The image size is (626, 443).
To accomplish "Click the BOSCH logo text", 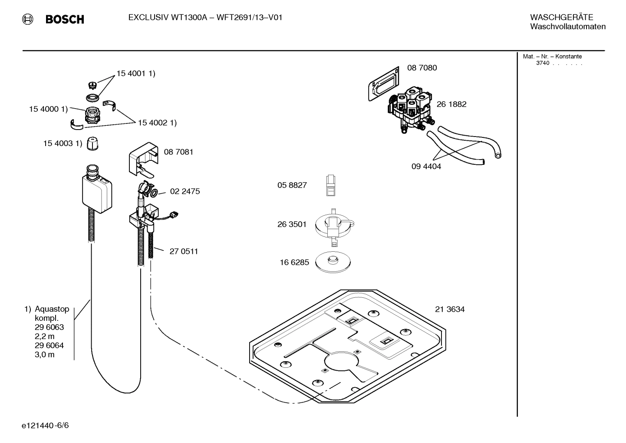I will point(65,20).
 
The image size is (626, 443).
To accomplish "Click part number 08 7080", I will point(422,68).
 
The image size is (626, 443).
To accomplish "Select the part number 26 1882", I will point(451,104).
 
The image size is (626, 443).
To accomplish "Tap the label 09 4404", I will point(426,167).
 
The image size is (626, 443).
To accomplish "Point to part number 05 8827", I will point(292,185).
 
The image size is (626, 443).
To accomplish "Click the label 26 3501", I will point(292,224).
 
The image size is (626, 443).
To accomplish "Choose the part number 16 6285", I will point(294,262).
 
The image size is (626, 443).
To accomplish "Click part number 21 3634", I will point(450,310).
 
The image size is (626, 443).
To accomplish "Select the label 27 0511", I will point(184,251).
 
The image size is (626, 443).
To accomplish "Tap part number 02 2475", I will point(185,191).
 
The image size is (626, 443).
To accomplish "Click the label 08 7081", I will point(178,152).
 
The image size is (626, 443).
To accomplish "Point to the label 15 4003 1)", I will point(62,143).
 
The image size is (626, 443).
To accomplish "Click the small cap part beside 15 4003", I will point(92,143).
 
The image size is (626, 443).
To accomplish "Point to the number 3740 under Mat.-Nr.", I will point(542,63).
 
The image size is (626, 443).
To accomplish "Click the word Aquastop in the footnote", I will point(52,309).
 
